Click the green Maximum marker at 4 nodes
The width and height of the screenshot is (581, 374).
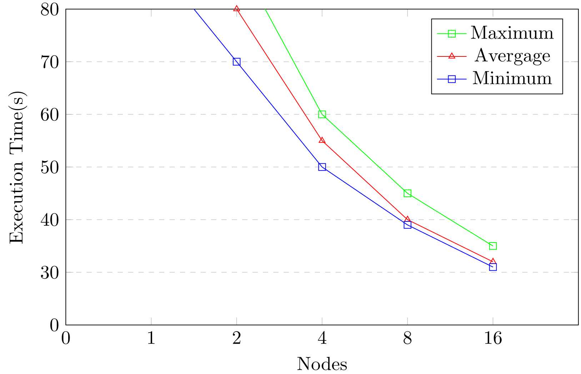click(322, 114)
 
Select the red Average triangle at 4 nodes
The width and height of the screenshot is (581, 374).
click(322, 140)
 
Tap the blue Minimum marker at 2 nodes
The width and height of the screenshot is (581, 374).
click(236, 62)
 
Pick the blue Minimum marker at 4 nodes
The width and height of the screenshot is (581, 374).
click(322, 167)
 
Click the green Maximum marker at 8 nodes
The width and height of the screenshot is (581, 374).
click(407, 193)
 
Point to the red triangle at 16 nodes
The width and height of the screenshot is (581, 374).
click(493, 261)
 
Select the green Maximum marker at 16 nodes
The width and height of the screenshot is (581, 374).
click(493, 246)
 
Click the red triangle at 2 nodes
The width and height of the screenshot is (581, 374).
click(236, 9)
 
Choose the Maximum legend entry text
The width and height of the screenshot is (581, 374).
click(512, 33)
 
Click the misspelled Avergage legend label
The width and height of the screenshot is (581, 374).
click(512, 56)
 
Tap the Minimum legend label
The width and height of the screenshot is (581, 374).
click(512, 79)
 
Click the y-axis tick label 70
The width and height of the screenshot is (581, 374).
click(50, 62)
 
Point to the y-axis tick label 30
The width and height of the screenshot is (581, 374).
click(50, 272)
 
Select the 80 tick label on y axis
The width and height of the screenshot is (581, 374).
click(50, 9)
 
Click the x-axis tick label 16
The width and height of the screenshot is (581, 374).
click(493, 338)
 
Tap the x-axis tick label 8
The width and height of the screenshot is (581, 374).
click(407, 338)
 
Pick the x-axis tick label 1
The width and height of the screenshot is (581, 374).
click(151, 338)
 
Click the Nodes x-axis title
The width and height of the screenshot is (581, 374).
click(322, 364)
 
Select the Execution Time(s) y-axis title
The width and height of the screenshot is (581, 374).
click(17, 167)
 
